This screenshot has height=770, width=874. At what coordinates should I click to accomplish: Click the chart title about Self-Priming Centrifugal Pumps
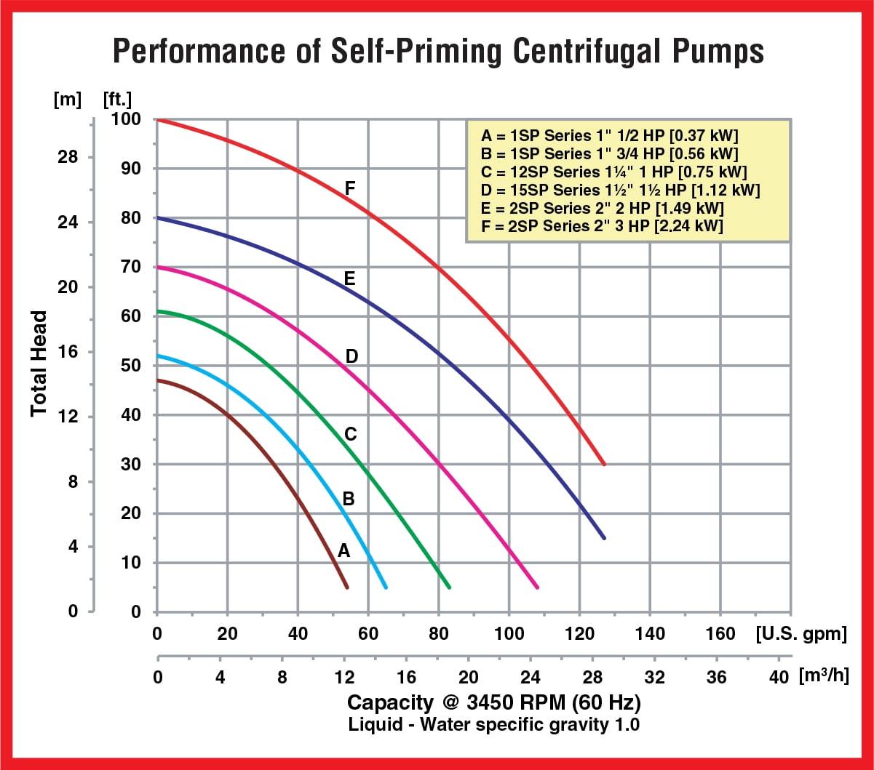coord(438,52)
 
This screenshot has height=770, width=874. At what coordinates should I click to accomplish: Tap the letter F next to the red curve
coord(350,190)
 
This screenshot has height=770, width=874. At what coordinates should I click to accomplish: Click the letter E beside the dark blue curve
coord(350,278)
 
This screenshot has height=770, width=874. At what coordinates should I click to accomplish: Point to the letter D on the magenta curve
coord(351,356)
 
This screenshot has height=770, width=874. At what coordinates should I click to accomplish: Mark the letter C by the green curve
coord(350,434)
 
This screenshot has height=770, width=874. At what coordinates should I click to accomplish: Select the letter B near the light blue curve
coord(349,499)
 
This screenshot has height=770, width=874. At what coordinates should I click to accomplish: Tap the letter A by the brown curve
coord(344,550)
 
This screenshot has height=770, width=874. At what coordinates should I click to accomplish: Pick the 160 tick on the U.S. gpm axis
coord(720,634)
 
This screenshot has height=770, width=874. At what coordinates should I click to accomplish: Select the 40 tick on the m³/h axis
coord(778,678)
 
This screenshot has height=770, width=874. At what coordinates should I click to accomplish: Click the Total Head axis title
coord(39,364)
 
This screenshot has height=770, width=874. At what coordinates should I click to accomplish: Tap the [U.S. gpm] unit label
coord(801,634)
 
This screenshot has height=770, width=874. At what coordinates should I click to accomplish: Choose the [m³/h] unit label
coord(825,677)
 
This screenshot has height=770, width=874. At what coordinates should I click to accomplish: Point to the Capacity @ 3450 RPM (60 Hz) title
coord(494,703)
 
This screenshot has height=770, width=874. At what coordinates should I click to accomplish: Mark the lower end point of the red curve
coord(604,464)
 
